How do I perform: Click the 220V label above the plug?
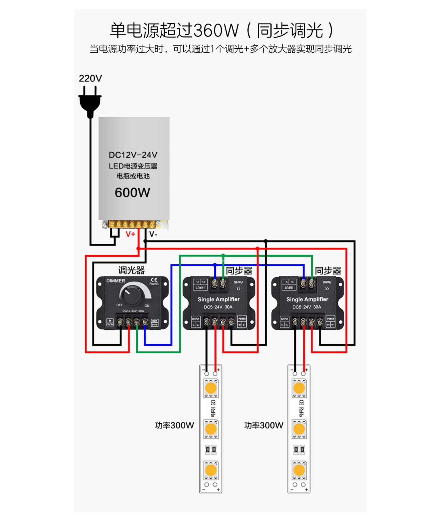coord(90,78)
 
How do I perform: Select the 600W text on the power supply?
coord(132,193)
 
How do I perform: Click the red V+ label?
coord(130,234)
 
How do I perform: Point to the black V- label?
coord(153,234)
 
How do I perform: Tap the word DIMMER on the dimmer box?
coord(116,281)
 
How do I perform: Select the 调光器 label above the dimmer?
coord(132,270)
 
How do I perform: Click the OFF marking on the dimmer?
coord(119,305)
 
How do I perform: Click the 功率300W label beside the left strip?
coord(174,425)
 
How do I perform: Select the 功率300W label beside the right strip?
coord(264,425)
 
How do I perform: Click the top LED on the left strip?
coord(211,388)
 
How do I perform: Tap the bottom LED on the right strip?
coord(299,470)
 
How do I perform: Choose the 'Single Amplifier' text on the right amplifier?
coord(307,299)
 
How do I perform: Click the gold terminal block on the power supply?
coord(132,224)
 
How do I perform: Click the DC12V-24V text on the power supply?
coord(133,155)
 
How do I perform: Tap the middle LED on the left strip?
coord(211,429)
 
